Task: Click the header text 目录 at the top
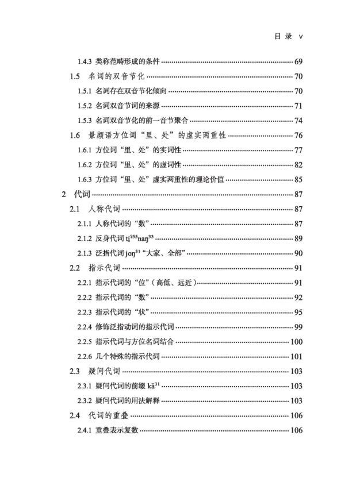tap(283, 36)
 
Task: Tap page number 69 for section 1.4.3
tap(298, 61)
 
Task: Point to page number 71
tap(298, 106)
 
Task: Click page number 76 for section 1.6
tap(298, 136)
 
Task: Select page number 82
tap(298, 165)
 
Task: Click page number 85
tap(298, 180)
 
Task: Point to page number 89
tap(298, 238)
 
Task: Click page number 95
tap(298, 312)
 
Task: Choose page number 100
tap(296, 342)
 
